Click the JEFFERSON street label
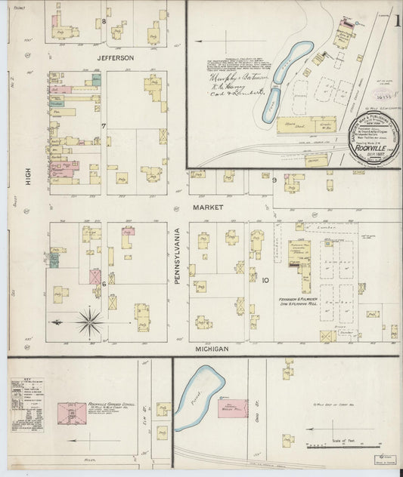click(115, 57)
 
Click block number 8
click(104, 21)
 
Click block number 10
click(265, 281)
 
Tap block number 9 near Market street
click(274, 179)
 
